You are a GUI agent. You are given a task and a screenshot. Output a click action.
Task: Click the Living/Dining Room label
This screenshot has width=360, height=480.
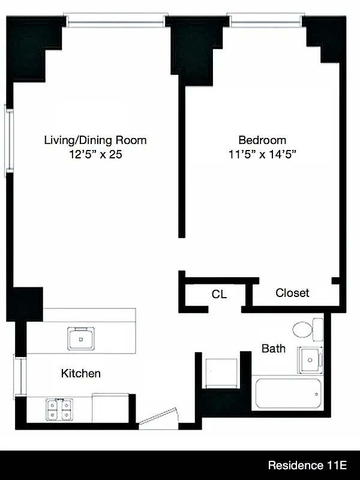(95, 140)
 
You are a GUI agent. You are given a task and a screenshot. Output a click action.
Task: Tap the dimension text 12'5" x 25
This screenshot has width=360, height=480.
(95, 154)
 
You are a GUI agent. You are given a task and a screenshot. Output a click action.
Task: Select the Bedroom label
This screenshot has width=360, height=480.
(262, 140)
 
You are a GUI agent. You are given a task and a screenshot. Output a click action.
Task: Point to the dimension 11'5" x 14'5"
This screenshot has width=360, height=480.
(262, 154)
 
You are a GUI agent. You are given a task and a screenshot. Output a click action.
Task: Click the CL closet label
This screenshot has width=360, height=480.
(219, 295)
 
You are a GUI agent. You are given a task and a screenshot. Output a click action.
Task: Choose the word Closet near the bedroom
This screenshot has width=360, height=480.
(292, 293)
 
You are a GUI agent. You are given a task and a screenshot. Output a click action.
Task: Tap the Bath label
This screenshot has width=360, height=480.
(273, 348)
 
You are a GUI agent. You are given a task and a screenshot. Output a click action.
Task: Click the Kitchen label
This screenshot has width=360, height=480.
(81, 373)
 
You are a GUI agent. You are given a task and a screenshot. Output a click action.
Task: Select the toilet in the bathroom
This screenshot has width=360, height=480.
(307, 329)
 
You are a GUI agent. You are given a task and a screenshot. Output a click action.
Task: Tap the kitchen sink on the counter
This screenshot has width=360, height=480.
(80, 338)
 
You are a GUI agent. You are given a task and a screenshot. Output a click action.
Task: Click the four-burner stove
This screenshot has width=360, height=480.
(58, 409)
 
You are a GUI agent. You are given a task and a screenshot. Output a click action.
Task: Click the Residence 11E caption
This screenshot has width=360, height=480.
(308, 465)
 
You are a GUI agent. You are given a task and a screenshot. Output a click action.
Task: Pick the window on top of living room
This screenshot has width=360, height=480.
(115, 21)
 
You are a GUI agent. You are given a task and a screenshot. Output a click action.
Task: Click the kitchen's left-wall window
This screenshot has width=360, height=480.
(19, 376)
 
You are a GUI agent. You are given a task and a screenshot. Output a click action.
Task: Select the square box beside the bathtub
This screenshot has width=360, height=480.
(221, 373)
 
